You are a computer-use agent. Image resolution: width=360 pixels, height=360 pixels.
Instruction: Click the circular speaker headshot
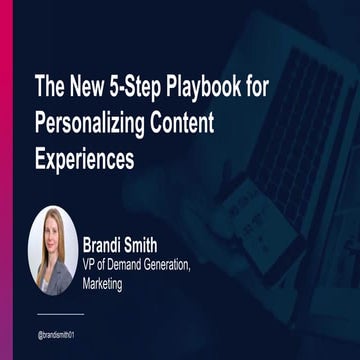52,251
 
